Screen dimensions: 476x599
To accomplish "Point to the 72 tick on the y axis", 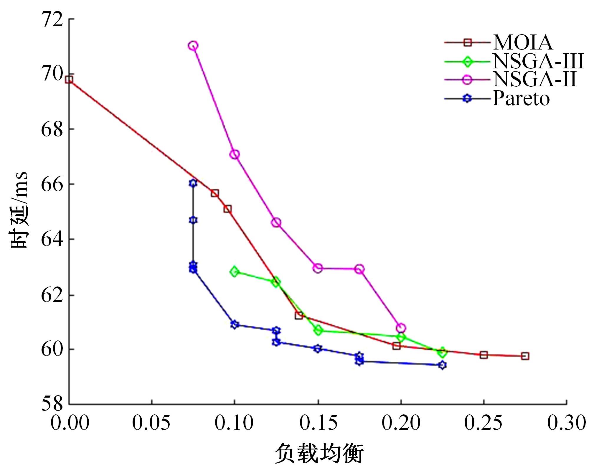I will (52, 19).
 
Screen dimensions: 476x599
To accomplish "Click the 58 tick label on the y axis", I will (52, 404).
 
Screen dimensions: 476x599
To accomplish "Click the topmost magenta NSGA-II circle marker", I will (193, 46).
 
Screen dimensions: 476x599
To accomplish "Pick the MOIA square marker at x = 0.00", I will (69, 80).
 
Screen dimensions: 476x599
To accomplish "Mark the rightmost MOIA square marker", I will (525, 356).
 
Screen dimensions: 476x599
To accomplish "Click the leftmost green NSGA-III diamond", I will (235, 272).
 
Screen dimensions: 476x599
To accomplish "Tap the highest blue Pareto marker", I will (193, 183).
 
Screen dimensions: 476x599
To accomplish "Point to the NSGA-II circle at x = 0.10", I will (235, 154).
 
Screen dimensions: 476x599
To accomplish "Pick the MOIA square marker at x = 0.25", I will (484, 355).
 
